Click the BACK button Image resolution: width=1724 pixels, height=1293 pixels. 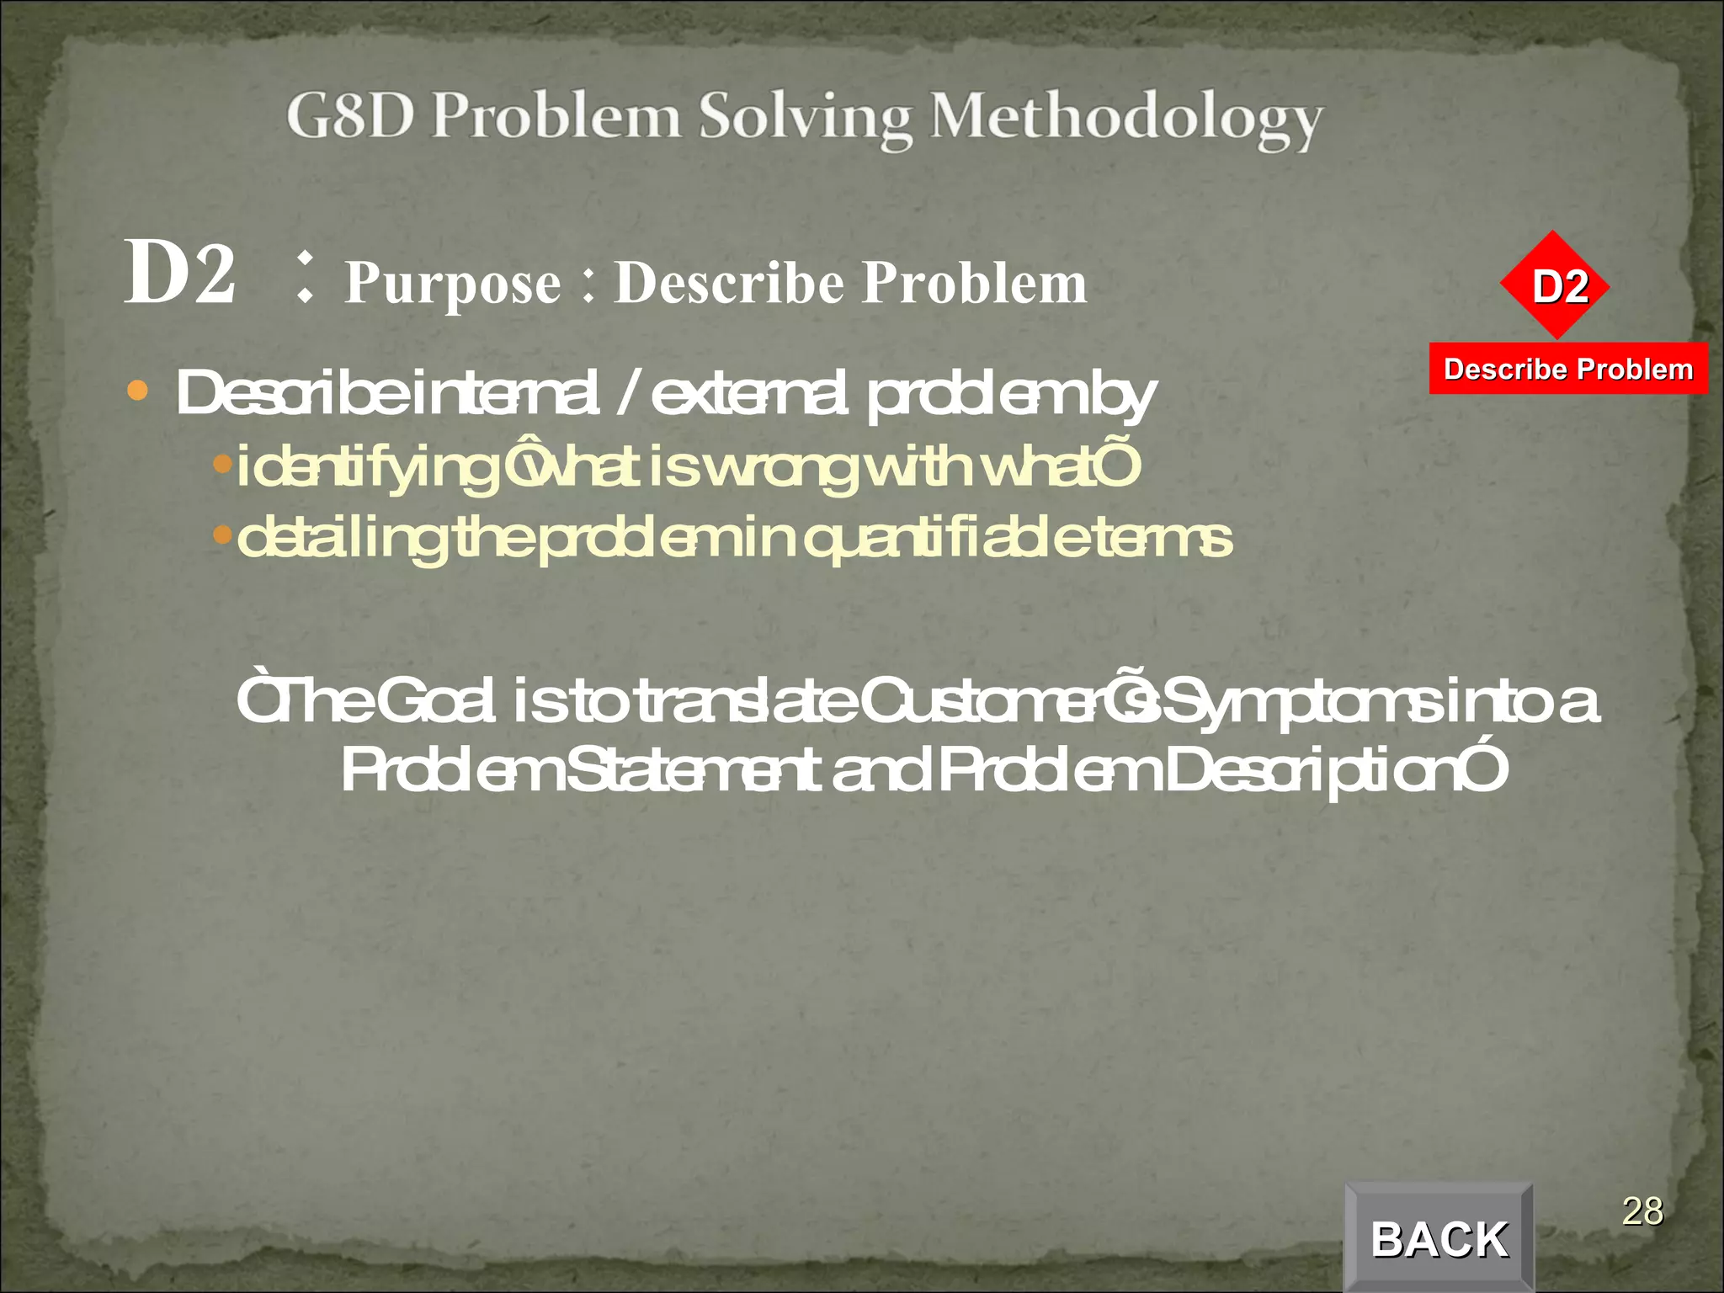click(1439, 1238)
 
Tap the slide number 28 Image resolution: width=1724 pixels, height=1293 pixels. click(1642, 1211)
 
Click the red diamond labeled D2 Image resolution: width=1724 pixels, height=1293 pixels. click(1555, 285)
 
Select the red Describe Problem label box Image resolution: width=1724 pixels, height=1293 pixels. click(1568, 369)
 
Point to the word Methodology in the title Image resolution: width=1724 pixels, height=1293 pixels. click(1126, 119)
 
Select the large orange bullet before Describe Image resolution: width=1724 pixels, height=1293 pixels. click(137, 391)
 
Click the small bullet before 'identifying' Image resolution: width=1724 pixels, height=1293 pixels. click(222, 463)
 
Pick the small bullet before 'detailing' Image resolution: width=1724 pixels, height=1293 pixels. click(222, 534)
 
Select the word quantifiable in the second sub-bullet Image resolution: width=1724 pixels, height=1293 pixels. click(931, 539)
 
